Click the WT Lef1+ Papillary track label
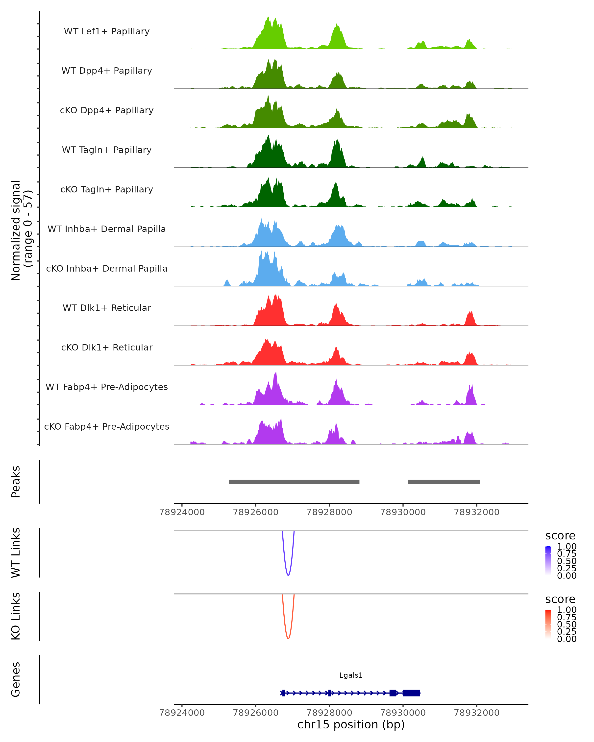tap(107, 31)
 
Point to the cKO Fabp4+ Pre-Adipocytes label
tap(107, 426)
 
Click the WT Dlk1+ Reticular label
tap(107, 308)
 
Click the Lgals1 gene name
tap(351, 675)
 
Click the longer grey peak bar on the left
tap(294, 482)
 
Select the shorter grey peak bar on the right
tap(444, 482)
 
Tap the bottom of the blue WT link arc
tap(288, 575)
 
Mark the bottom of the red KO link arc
tap(288, 638)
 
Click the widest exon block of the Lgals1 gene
tap(412, 693)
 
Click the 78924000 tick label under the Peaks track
tap(182, 512)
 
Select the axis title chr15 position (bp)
tap(351, 724)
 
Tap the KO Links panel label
tap(16, 616)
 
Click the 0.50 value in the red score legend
tap(567, 624)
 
